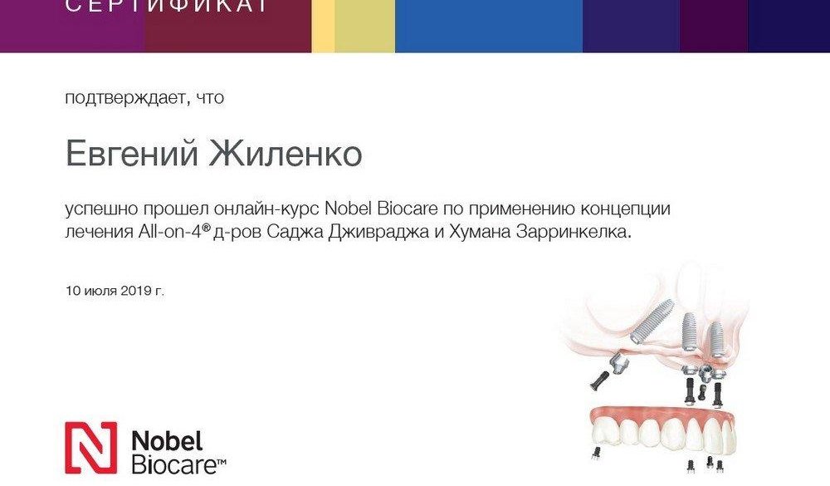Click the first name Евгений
(132, 155)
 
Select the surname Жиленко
(286, 153)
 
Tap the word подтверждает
(125, 98)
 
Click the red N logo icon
(90, 448)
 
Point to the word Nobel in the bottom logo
(167, 441)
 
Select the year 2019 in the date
(135, 291)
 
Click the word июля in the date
(100, 291)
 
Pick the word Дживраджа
(378, 233)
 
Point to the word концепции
(626, 209)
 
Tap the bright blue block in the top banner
(489, 26)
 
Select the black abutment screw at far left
(598, 379)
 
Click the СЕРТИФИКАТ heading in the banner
(166, 6)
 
